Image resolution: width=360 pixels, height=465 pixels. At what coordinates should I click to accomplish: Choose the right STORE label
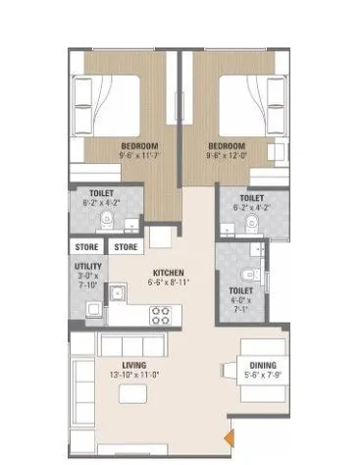click(125, 247)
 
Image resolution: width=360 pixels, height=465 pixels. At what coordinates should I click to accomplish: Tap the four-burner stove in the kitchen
click(160, 316)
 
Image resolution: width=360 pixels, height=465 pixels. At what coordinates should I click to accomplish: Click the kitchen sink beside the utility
click(117, 293)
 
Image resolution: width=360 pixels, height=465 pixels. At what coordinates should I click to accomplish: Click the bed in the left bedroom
click(103, 98)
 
